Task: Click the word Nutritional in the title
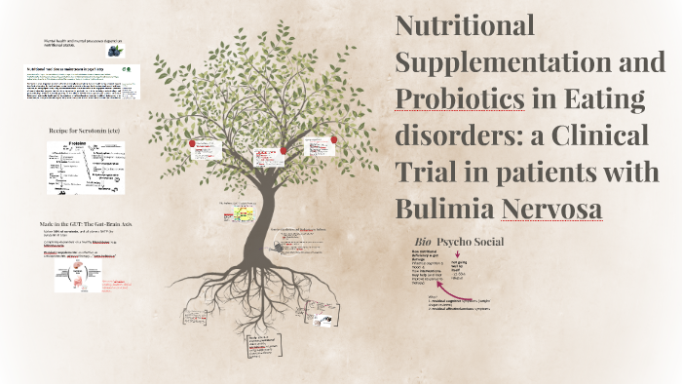465,26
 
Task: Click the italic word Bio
422,241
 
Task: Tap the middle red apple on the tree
284,149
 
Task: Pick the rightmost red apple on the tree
334,139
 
